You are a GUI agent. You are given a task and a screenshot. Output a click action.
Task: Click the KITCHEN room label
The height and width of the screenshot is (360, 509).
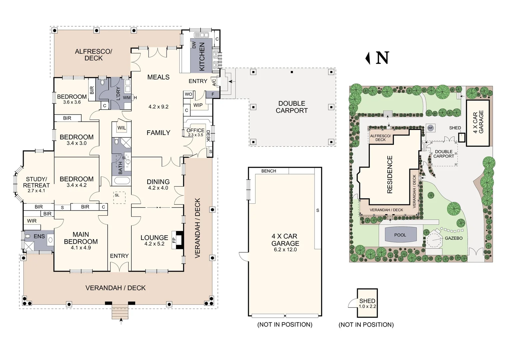coord(202,56)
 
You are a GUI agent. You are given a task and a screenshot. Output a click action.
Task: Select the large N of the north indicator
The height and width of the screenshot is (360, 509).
coord(382,58)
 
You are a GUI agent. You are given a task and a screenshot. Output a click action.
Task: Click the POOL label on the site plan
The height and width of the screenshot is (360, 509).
coord(400,235)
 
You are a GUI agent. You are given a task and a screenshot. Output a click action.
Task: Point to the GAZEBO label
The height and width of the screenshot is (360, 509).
coord(453,238)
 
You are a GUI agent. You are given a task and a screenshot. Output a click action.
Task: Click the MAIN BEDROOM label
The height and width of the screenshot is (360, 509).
coord(81,238)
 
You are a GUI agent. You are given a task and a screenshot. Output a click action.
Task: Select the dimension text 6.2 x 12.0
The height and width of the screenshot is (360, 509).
coord(285,250)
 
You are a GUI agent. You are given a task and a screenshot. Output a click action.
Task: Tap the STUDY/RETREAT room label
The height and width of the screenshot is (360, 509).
coord(36,182)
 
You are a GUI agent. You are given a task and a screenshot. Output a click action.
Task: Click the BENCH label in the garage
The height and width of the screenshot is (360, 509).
coord(268,171)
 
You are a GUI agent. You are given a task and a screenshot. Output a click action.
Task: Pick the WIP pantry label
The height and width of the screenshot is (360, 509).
coord(198,105)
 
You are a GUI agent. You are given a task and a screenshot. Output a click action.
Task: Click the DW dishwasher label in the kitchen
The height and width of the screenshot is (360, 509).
coord(194,44)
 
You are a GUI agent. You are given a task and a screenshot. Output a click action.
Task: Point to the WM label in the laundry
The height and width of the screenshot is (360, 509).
coord(127,98)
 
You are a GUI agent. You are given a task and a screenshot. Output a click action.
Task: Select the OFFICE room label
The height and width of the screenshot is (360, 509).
coord(195,130)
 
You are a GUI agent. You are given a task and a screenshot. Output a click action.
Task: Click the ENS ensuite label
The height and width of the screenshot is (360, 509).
coord(39,236)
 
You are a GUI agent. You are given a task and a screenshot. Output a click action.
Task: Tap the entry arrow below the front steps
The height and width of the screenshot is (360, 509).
coord(121,321)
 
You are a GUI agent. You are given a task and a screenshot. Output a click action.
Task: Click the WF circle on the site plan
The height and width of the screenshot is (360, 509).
coord(430,128)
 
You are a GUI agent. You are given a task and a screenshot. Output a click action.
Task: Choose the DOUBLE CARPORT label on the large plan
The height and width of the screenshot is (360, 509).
coord(291,107)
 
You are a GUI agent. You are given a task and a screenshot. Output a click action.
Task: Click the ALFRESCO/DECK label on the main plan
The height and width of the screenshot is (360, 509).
coord(93,55)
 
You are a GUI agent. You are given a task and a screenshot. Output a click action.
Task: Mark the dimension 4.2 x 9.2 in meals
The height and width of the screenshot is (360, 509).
coord(158,107)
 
